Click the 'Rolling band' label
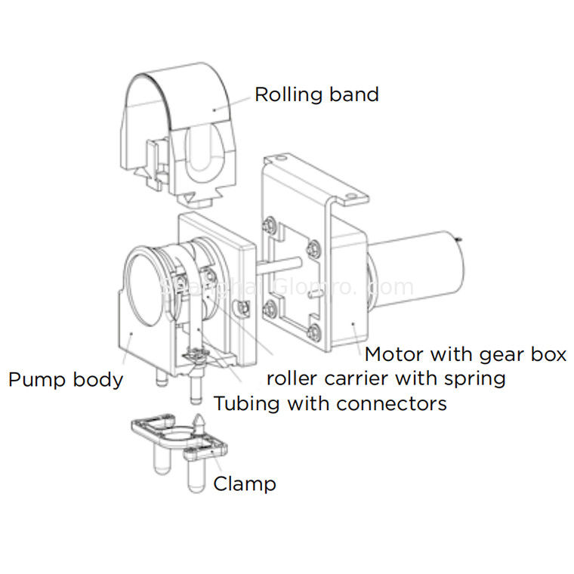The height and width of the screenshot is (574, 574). click(316, 95)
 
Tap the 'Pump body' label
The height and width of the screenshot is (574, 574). click(65, 378)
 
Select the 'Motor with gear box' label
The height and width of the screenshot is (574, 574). click(464, 354)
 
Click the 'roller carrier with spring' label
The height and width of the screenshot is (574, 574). click(385, 378)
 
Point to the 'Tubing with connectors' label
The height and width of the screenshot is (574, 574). click(329, 403)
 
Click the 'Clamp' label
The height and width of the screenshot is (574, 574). click(244, 483)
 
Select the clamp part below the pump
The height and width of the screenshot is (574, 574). click(177, 438)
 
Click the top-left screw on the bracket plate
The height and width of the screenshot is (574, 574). click(269, 224)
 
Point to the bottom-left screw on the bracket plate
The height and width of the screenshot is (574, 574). click(269, 307)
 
